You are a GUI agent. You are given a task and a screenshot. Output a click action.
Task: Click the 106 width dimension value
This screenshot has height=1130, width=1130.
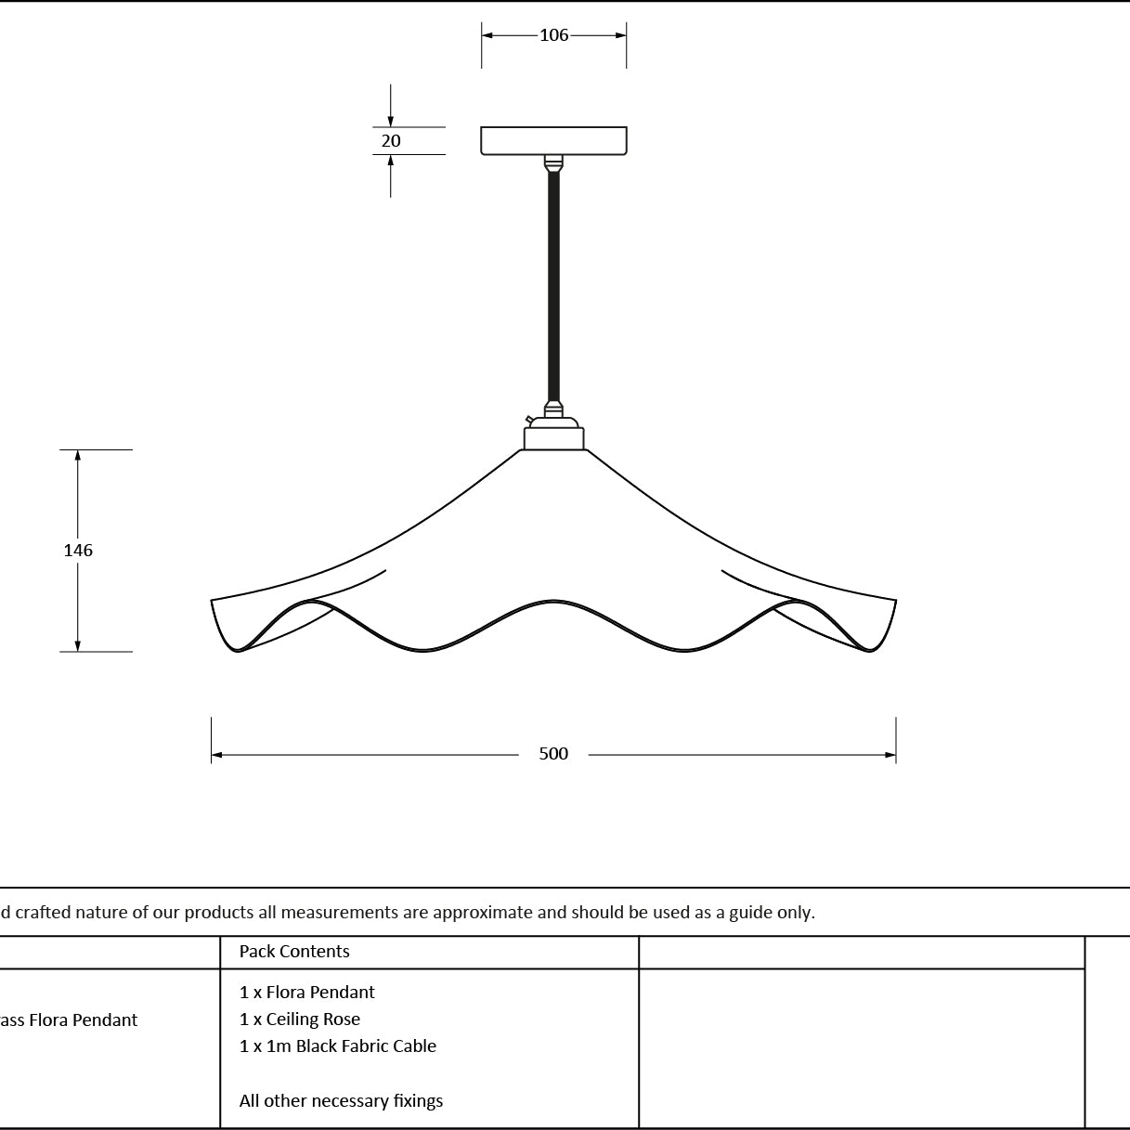click(x=553, y=35)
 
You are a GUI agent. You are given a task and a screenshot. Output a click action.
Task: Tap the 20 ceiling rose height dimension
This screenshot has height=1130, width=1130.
click(x=391, y=141)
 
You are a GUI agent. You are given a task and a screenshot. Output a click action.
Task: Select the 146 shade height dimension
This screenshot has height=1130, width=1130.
click(x=78, y=550)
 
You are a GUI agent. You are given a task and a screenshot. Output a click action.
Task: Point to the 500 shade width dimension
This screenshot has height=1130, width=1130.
click(x=553, y=754)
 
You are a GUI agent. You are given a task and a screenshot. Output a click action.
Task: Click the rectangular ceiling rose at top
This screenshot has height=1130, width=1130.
click(x=553, y=141)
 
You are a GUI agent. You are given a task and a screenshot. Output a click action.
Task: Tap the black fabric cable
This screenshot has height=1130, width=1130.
click(x=553, y=286)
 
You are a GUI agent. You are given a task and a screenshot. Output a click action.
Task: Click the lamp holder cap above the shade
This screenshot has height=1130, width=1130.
click(x=553, y=438)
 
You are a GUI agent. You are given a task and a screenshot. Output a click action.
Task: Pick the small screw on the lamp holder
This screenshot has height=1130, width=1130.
click(x=529, y=419)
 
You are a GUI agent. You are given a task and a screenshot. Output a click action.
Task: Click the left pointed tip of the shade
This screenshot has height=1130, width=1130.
click(x=212, y=600)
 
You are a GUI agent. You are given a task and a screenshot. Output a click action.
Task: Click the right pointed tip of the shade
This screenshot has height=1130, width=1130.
click(x=896, y=600)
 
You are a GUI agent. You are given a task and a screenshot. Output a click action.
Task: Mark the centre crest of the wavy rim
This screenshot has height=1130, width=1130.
click(x=553, y=601)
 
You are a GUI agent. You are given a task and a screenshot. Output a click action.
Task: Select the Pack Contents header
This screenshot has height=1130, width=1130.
click(x=294, y=951)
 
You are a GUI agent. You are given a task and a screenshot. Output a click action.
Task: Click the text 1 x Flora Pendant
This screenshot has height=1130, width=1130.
click(x=306, y=993)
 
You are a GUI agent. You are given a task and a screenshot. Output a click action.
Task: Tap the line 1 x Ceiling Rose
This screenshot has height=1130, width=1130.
click(x=300, y=1020)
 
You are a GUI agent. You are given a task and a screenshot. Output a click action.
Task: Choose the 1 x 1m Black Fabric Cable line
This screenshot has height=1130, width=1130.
click(x=338, y=1046)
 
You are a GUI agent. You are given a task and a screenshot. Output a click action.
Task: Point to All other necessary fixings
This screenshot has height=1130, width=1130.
click(x=341, y=1100)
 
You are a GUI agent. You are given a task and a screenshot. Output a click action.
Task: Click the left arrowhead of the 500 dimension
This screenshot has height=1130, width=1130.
click(x=217, y=755)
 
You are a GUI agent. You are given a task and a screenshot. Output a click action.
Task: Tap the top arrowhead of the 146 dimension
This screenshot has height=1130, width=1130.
click(x=77, y=456)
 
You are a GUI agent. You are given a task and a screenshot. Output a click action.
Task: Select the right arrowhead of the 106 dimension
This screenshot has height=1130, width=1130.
click(x=620, y=35)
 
